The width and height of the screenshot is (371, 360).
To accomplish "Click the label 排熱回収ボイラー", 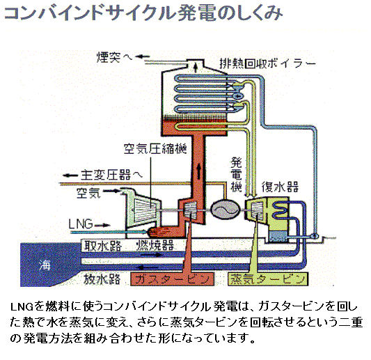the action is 267,63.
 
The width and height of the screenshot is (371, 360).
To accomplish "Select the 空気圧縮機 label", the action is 155,148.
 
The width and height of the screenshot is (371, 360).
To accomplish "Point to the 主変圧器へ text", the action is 111,175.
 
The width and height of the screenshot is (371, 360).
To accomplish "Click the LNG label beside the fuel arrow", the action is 81,224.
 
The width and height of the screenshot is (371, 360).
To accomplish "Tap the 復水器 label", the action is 280,187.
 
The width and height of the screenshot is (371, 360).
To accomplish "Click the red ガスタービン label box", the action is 172,279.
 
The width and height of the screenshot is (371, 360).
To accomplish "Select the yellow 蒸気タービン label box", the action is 268,279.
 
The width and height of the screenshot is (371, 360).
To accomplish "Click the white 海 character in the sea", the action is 45,265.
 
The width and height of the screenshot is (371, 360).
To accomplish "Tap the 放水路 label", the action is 102,279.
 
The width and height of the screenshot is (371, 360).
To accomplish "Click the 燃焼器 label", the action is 155,245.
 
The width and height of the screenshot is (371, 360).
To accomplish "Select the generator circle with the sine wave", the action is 225,210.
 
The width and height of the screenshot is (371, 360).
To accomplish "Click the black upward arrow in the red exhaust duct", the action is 198,171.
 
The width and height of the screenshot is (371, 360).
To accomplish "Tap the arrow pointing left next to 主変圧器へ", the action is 70,175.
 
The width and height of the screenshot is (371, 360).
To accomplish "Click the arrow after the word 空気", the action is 111,191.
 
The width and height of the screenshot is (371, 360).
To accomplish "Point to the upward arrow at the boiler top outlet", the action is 196,68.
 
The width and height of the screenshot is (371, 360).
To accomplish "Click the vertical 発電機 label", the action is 236,175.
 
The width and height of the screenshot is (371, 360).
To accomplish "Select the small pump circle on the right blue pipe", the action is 315,236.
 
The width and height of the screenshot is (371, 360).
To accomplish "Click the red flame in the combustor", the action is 159,232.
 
